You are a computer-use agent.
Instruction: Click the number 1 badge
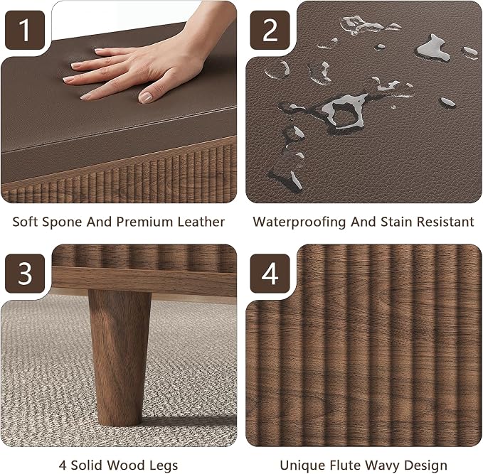pos(25,30)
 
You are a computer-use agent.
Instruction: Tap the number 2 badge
pos(270,30)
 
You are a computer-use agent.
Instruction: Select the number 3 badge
pos(25,274)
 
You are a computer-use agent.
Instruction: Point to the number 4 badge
pos(270,274)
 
